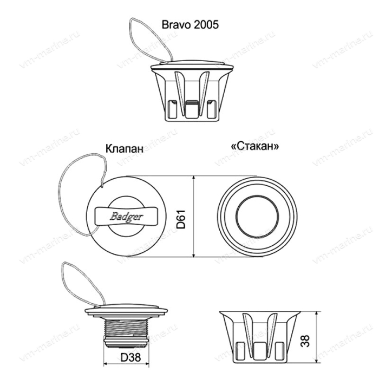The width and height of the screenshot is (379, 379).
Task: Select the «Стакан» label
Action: click(257, 147)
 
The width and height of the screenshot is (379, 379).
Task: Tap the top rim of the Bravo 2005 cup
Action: click(190, 66)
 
